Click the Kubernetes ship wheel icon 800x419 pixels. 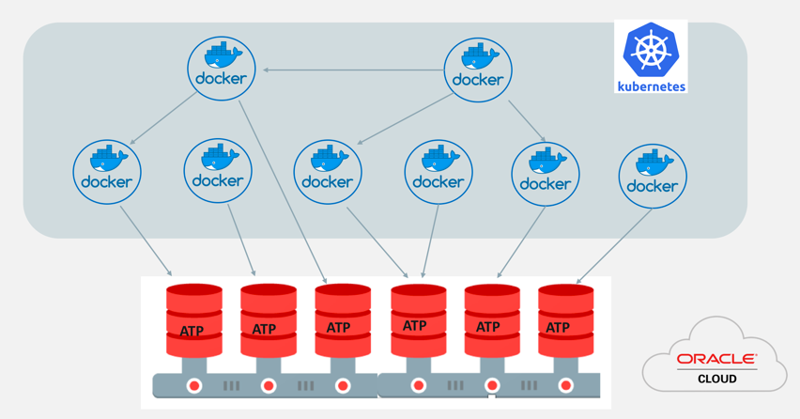[x=651, y=50]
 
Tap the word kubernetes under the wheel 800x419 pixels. [x=651, y=86]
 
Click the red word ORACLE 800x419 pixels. [x=716, y=359]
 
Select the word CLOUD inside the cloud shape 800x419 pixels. [x=716, y=379]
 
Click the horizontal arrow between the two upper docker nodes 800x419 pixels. [x=352, y=70]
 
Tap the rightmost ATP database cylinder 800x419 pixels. [x=565, y=317]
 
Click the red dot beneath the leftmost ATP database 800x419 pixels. [x=194, y=385]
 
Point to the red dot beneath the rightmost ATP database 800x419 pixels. [x=565, y=385]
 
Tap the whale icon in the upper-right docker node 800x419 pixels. [x=478, y=57]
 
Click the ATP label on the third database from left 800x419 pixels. [x=338, y=329]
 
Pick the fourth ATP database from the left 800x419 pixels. [x=417, y=317]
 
